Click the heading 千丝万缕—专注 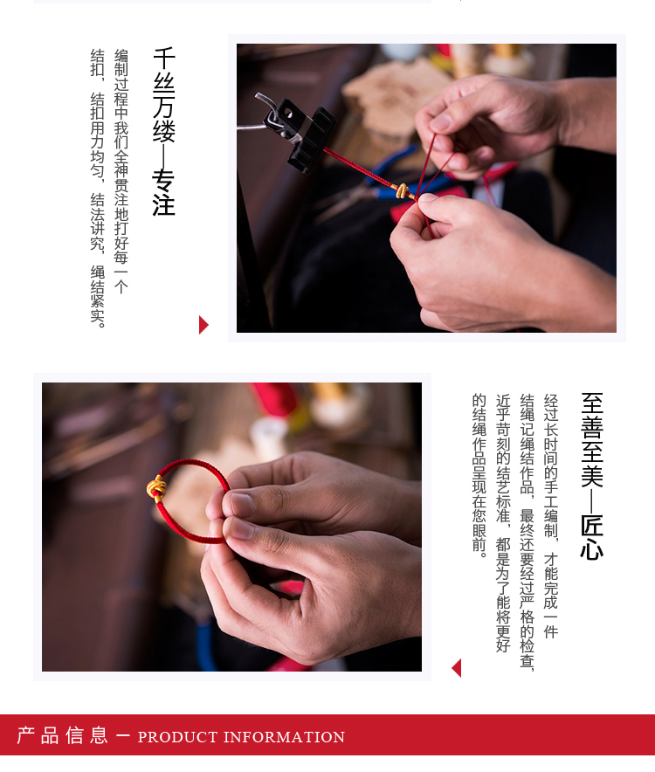[164, 131]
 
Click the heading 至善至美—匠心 [592, 476]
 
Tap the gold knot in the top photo [402, 190]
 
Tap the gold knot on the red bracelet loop [157, 487]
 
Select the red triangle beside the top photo [203, 325]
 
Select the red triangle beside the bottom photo [456, 668]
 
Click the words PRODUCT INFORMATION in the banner [241, 737]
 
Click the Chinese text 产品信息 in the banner [63, 735]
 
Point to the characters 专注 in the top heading [164, 192]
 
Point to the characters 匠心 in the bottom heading [592, 537]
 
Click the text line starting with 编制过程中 [121, 170]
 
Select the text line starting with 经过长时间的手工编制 [550, 515]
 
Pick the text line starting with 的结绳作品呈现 [479, 476]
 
